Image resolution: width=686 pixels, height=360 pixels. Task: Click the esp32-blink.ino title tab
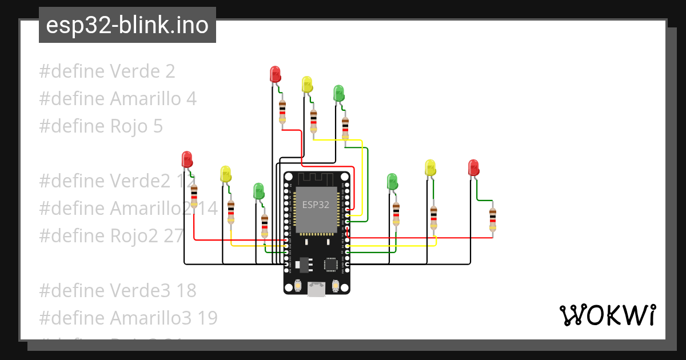pos(127,26)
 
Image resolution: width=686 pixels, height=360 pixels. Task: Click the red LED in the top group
pos(275,74)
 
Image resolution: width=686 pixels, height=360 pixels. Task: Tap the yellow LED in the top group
pos(307,85)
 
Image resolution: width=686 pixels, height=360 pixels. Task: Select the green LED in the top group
pos(338,93)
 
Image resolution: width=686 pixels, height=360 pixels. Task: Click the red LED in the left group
pos(186,159)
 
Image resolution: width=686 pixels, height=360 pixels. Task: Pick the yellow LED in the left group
pos(225,174)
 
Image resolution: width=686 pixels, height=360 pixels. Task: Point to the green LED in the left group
pos(258,191)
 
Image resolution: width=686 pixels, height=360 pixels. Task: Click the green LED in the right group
pos(392,181)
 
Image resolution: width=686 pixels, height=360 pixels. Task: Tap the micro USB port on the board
pos(316,290)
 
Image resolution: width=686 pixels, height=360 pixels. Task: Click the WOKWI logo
pos(607,315)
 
